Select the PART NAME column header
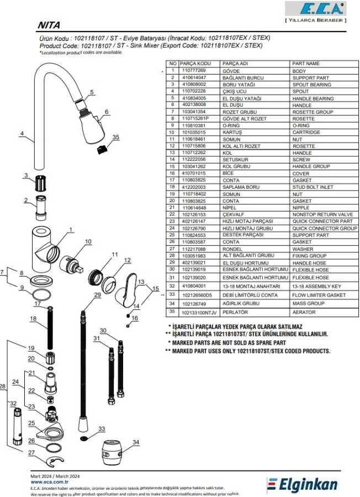click(306, 64)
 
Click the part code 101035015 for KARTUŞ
click(194, 132)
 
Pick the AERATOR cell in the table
click(304, 312)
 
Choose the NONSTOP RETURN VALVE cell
click(322, 215)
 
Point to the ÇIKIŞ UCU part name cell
click(234, 91)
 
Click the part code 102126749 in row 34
click(194, 304)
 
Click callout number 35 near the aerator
click(116, 137)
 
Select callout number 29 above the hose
click(98, 295)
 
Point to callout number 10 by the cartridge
click(88, 241)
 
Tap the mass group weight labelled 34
click(113, 450)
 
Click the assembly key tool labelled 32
click(17, 427)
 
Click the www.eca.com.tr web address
click(50, 482)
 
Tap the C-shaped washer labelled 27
click(52, 461)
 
